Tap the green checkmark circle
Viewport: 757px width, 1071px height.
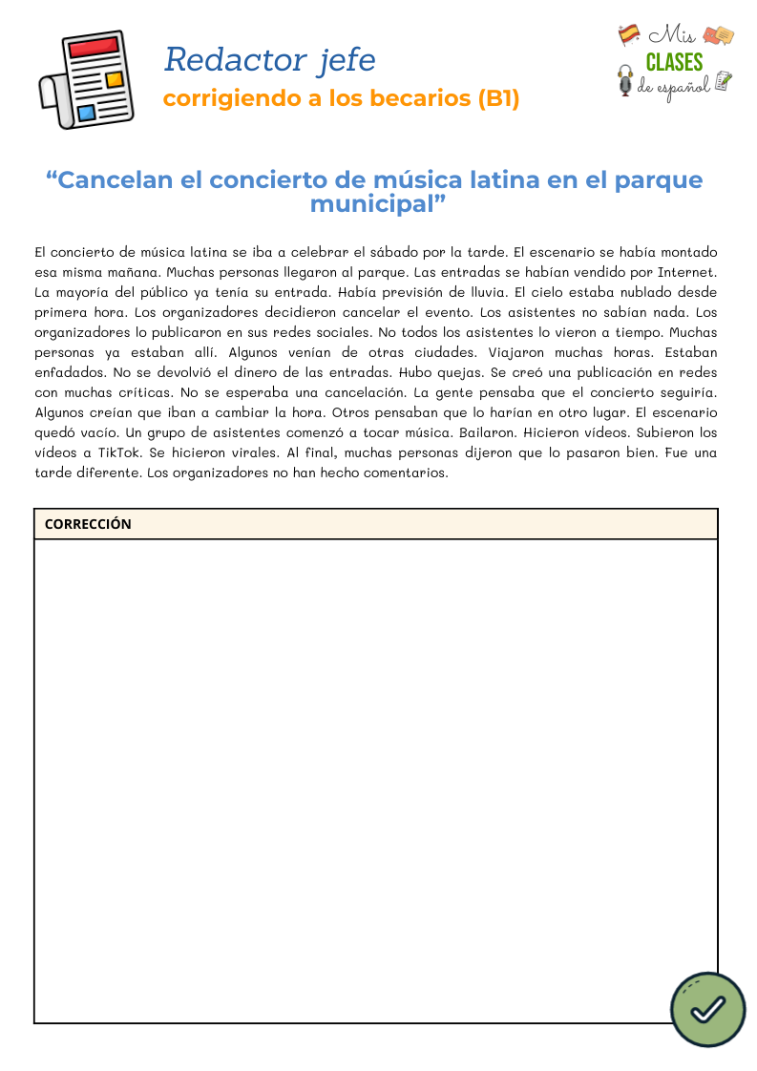(x=707, y=1009)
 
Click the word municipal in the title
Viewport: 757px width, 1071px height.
(x=372, y=203)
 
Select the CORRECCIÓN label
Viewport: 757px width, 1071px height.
(x=88, y=524)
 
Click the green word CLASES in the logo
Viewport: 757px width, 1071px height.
(x=674, y=62)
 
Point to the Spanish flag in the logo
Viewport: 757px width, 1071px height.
(x=628, y=34)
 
